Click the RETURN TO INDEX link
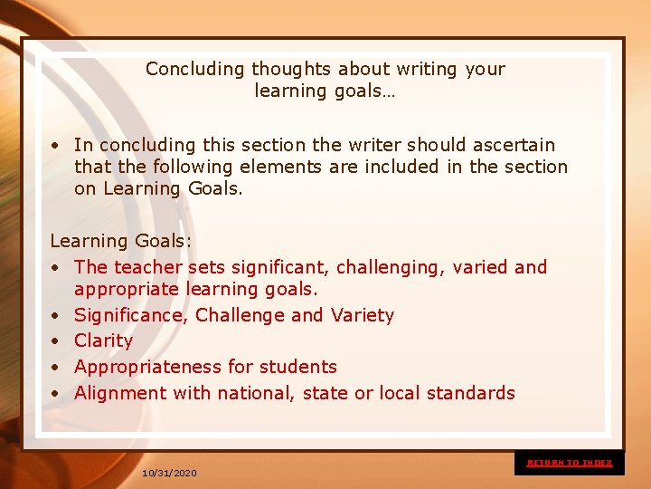point(570,463)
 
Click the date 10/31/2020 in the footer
point(169,473)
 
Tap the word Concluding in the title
point(195,69)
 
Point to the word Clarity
point(103,340)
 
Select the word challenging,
point(392,267)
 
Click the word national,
point(241,393)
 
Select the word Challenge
point(241,315)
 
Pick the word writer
point(373,145)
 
